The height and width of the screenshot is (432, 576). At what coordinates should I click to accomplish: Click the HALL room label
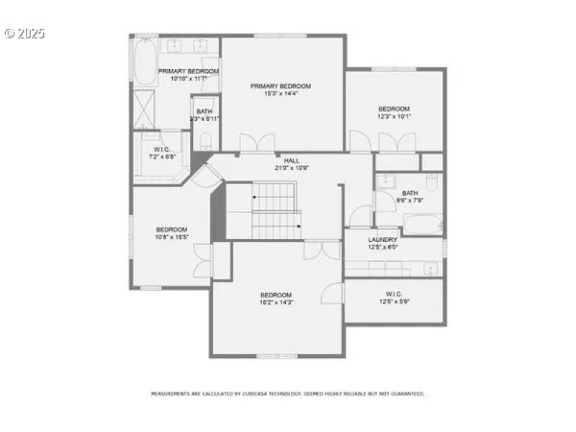291,161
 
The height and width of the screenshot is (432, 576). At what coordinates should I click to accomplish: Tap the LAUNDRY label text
382,240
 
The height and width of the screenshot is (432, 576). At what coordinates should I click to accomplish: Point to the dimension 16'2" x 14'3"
276,302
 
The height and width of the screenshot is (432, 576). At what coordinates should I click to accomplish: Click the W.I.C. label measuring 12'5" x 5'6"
393,294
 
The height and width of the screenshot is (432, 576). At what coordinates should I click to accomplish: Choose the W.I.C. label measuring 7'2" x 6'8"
161,150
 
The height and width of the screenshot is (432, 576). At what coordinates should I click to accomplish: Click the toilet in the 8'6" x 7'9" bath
431,183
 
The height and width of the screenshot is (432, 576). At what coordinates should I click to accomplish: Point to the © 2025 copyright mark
24,34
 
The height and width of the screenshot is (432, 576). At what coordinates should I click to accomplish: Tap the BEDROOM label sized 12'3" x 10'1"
394,109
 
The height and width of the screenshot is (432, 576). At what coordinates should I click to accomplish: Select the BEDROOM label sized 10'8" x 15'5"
171,230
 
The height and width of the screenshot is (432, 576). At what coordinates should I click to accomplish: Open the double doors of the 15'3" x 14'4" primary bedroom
257,143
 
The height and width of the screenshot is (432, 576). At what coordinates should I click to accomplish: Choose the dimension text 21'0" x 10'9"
291,168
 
